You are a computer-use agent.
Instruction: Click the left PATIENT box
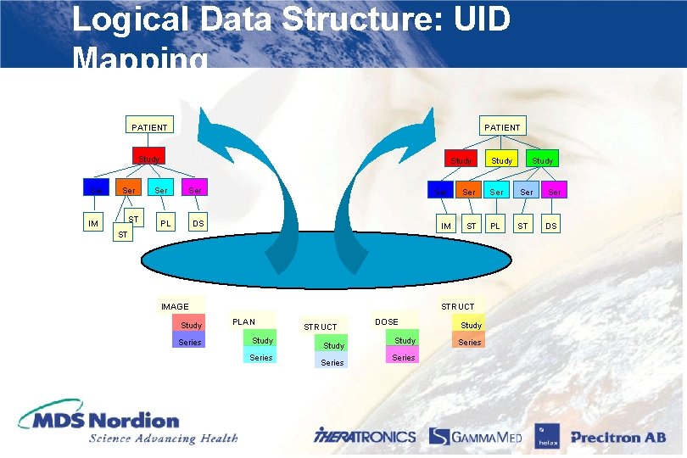pos(149,127)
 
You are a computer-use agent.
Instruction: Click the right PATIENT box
pos(502,126)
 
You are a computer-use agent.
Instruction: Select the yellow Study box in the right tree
pos(502,159)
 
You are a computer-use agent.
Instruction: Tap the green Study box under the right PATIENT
pos(543,159)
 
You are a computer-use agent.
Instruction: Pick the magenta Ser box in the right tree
pos(555,192)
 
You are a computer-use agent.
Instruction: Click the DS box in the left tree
pos(198,223)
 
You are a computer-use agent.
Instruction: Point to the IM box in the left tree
pos(93,223)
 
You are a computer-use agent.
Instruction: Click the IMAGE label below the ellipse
pos(176,306)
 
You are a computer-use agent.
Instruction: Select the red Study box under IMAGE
pos(191,325)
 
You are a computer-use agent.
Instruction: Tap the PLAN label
pos(243,321)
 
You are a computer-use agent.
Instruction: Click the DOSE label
pos(387,321)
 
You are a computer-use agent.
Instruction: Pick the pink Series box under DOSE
pos(404,357)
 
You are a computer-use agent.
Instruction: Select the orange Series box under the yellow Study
pos(469,342)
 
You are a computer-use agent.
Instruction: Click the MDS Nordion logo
pos(127,425)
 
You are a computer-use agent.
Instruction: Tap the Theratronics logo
pos(365,436)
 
